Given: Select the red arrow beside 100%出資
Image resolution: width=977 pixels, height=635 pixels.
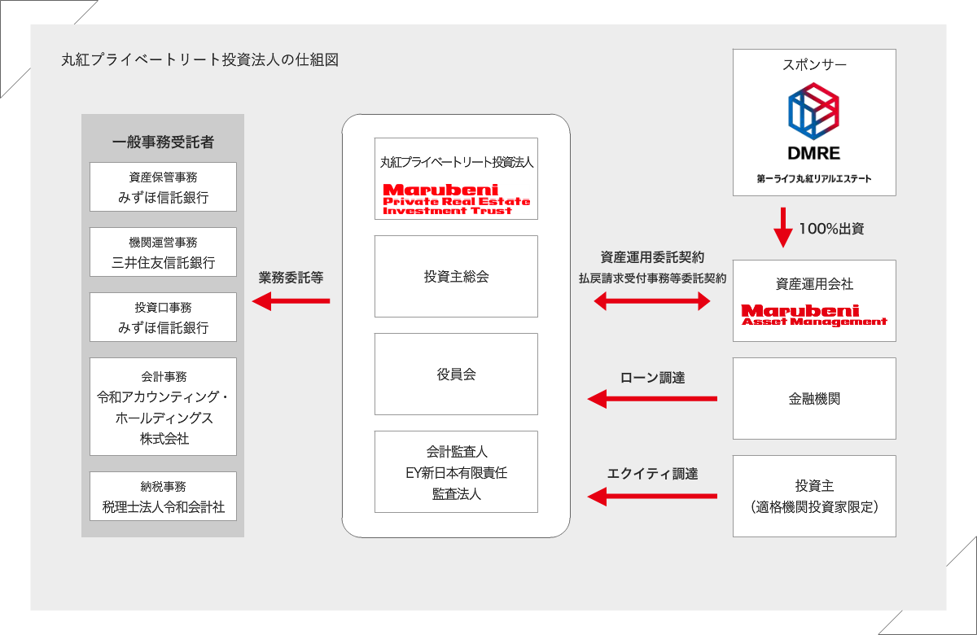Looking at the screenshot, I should (x=782, y=227).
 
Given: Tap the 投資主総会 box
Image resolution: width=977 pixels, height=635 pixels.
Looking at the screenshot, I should (x=456, y=276).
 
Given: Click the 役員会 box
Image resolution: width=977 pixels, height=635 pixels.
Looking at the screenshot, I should (x=456, y=374).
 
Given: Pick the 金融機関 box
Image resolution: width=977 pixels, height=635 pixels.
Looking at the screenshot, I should (x=814, y=398).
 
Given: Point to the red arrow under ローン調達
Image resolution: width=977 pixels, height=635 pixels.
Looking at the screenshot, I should (x=652, y=399).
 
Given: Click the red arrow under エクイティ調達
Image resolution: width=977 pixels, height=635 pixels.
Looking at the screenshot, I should (x=652, y=494).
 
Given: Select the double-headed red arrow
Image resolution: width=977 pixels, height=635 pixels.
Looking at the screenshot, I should (x=652, y=301).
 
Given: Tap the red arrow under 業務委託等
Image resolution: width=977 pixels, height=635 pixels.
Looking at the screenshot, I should (x=291, y=301).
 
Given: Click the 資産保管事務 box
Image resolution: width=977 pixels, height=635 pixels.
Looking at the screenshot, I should (x=163, y=186).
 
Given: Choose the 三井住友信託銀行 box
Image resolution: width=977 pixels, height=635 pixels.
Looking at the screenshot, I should (x=163, y=252).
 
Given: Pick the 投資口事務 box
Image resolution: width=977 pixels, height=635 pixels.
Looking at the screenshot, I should (x=163, y=317).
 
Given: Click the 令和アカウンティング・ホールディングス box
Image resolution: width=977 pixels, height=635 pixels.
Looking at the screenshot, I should (x=163, y=406).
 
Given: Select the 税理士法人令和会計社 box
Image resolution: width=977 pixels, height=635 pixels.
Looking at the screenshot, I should (x=163, y=496).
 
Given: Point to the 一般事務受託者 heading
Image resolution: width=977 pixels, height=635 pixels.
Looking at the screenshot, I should (x=163, y=142).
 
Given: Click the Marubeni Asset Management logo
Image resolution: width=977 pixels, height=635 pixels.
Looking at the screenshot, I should (x=814, y=315).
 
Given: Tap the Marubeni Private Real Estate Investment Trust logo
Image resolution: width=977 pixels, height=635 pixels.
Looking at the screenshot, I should (x=456, y=199).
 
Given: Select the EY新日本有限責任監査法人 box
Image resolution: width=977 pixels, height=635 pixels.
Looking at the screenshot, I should (x=456, y=471).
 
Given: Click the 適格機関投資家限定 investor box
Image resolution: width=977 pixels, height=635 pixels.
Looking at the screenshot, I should (x=814, y=496).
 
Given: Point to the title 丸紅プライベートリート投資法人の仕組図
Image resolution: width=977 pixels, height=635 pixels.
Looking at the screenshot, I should (x=199, y=59).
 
